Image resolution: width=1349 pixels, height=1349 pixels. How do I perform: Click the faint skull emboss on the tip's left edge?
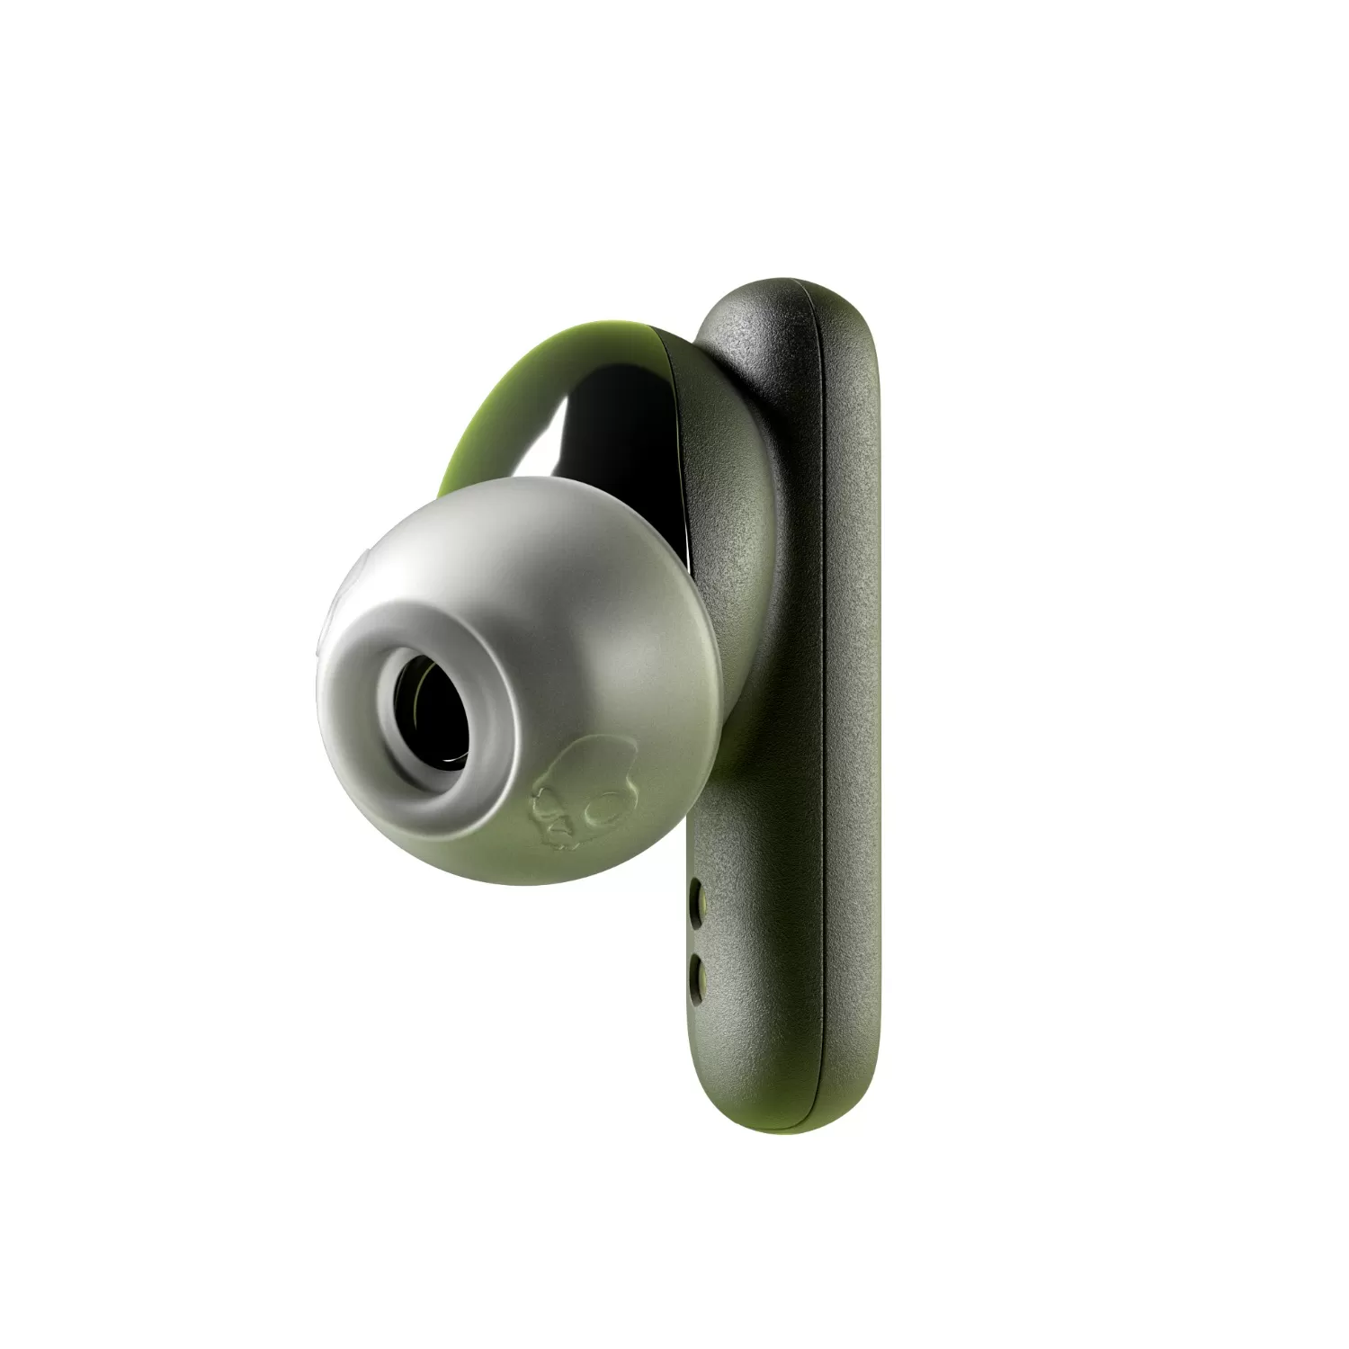click(x=346, y=585)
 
